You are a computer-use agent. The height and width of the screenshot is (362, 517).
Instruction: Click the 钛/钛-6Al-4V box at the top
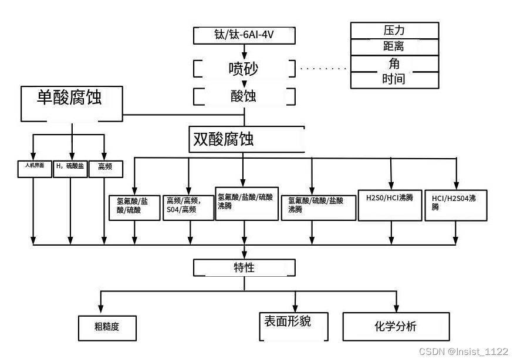tap(244, 36)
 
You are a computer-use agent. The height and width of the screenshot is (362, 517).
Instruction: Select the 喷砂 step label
tap(244, 69)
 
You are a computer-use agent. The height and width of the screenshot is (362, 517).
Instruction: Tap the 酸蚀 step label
tap(244, 95)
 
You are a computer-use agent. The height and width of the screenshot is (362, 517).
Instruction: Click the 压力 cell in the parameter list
tap(394, 30)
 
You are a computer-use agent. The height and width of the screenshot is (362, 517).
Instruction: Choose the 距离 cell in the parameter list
tap(394, 46)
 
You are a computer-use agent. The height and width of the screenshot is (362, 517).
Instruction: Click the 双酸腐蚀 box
tap(246, 139)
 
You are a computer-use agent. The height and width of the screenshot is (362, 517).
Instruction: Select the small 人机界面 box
tap(35, 169)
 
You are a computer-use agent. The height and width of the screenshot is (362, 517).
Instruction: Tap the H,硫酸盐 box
tap(70, 169)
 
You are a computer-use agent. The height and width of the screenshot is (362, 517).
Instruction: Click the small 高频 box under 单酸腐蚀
tap(105, 169)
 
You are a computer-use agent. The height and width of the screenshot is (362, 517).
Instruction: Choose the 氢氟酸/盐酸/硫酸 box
tap(134, 207)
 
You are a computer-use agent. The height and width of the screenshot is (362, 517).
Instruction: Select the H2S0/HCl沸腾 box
tap(390, 204)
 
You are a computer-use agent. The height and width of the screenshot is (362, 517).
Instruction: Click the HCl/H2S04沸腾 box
tap(455, 204)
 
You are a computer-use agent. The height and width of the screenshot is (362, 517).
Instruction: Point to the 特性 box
tap(244, 268)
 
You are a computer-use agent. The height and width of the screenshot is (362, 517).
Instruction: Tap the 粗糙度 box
tap(107, 328)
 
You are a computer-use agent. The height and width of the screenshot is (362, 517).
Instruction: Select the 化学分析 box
tap(396, 327)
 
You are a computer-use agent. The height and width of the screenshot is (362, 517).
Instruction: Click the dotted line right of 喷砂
tap(324, 68)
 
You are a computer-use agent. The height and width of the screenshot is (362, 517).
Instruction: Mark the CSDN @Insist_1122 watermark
tap(464, 351)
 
